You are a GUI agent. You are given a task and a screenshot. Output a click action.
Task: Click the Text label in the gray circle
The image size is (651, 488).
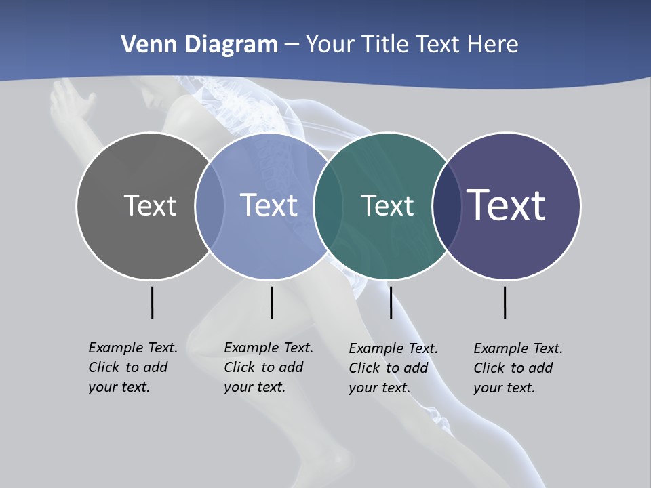click(150, 205)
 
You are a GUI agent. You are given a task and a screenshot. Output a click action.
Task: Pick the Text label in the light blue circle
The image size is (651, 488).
click(269, 205)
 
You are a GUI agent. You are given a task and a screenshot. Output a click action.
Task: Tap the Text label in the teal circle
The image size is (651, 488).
click(387, 205)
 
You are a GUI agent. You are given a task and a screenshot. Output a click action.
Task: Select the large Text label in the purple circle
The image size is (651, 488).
click(507, 205)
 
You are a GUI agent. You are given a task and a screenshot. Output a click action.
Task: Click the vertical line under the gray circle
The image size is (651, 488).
click(152, 302)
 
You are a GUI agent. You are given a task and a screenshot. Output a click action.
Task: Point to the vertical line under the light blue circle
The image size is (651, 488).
click(271, 302)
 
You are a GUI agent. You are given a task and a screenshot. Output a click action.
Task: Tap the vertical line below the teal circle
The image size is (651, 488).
click(391, 302)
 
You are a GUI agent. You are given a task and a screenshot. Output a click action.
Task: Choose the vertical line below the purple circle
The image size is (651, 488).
click(505, 302)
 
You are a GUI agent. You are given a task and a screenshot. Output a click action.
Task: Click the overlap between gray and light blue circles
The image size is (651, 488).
click(210, 206)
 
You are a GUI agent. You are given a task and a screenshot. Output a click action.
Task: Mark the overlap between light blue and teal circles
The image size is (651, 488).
click(328, 206)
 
